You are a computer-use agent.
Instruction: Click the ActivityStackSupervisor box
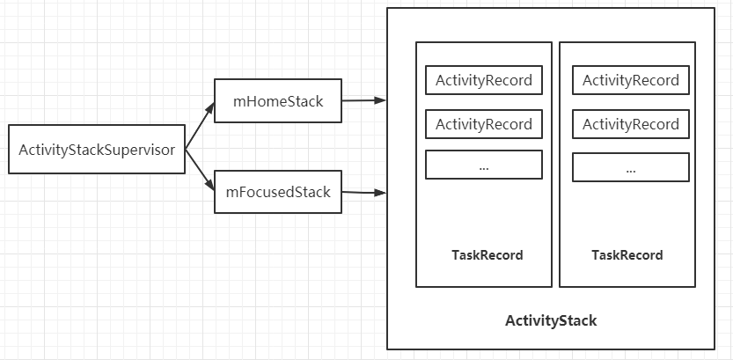tap(97, 149)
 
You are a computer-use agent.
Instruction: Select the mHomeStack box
tap(277, 101)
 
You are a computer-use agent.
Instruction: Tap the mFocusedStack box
tap(277, 192)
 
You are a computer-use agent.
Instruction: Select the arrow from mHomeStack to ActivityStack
tap(363, 100)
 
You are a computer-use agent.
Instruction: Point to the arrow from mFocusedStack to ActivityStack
tap(363, 191)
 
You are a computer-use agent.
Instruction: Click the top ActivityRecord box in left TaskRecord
tap(483, 80)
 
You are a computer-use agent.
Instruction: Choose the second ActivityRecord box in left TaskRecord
tap(483, 124)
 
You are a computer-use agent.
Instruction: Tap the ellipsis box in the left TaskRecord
tap(483, 165)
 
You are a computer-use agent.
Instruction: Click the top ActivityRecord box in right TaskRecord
tap(631, 80)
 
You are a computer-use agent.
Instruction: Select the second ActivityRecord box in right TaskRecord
tap(631, 124)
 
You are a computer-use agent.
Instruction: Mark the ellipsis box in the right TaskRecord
tap(631, 167)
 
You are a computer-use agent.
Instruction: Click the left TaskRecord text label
tap(487, 255)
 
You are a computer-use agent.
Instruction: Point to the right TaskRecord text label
tap(627, 255)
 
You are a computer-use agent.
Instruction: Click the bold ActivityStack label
tap(551, 320)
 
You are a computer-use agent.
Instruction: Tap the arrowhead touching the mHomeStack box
tap(209, 109)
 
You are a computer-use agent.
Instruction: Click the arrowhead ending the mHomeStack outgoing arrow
tap(380, 100)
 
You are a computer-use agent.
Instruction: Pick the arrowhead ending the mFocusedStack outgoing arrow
tap(380, 191)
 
